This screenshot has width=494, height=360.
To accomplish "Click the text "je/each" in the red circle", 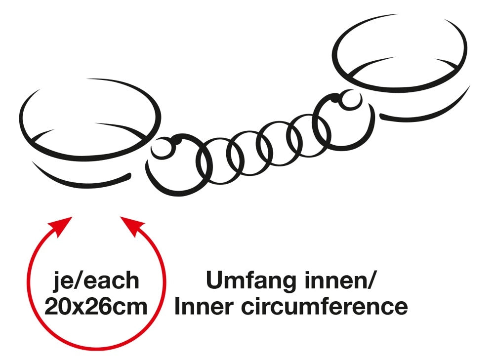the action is [96, 281].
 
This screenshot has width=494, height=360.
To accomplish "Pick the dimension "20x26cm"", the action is [96, 307].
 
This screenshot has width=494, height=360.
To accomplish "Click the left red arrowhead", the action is [61, 226].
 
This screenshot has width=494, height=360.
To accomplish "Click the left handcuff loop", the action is [90, 120].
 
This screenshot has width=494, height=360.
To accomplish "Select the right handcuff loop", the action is [400, 53].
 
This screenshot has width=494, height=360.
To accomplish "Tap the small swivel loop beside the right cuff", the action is [350, 100].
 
